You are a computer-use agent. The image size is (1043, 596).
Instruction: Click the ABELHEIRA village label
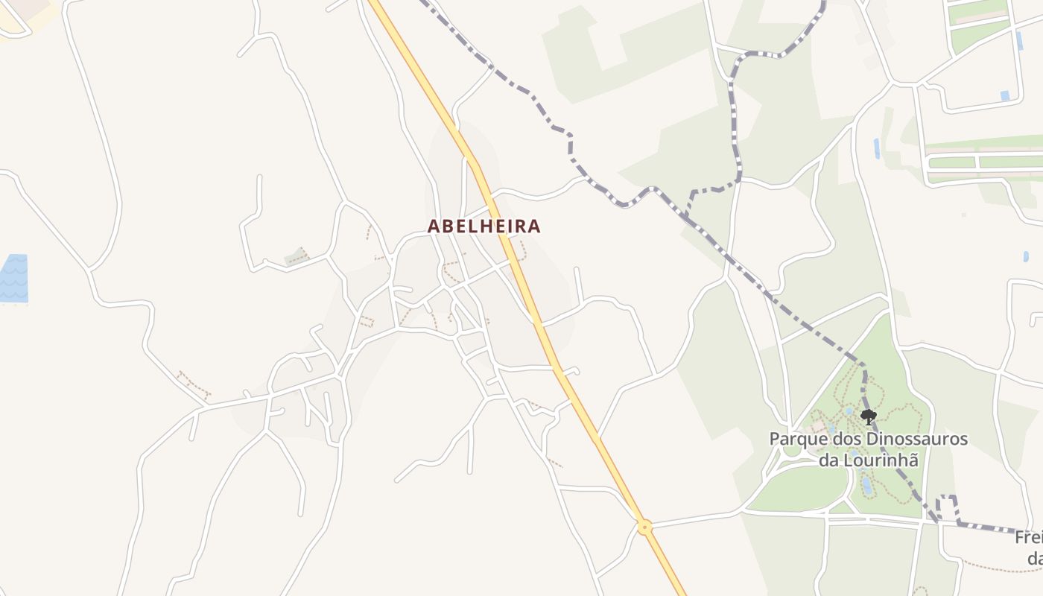pyautogui.click(x=484, y=226)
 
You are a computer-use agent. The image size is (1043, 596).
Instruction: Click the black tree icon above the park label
pyautogui.click(x=868, y=416)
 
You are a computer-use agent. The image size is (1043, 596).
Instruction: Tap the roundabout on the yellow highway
pyautogui.click(x=645, y=527)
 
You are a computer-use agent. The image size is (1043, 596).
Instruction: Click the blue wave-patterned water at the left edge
pyautogui.click(x=13, y=278)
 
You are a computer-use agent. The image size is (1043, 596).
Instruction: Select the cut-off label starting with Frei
pyautogui.click(x=1029, y=537)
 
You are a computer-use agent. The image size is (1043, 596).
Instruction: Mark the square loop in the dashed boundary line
pyautogui.click(x=947, y=507)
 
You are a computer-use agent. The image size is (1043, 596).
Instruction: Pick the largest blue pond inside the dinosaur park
pyautogui.click(x=866, y=486)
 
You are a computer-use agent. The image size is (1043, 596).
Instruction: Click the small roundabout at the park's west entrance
pyautogui.click(x=790, y=450)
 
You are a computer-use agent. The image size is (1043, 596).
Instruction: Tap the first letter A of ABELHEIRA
pyautogui.click(x=434, y=226)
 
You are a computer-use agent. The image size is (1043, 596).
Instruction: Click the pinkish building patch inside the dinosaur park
pyautogui.click(x=818, y=426)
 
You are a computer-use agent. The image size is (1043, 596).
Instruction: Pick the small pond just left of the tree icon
pyautogui.click(x=849, y=410)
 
